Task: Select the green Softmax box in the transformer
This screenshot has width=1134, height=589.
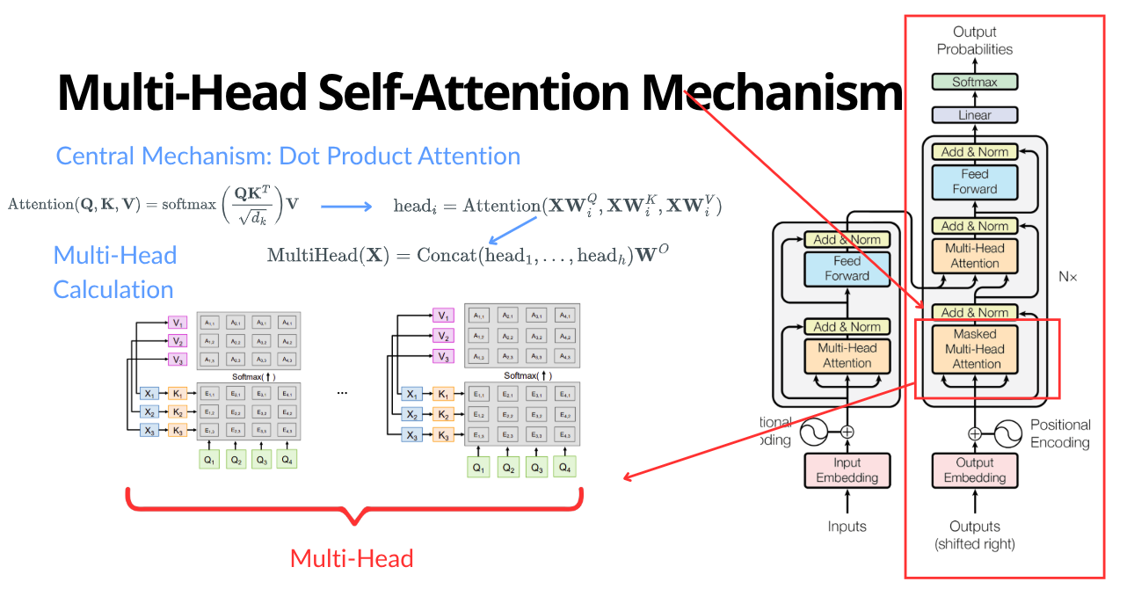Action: coord(974,82)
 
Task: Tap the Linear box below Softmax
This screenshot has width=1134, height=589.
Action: coord(974,115)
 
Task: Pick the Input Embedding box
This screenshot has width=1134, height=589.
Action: coord(847,470)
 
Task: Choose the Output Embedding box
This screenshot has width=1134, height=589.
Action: coord(974,470)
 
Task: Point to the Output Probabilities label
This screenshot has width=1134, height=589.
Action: coord(974,41)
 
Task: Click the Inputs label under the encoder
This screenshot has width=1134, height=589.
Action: coord(847,527)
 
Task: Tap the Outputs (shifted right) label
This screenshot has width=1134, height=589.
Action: coord(974,534)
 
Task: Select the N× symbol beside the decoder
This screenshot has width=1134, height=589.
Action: coord(1067,276)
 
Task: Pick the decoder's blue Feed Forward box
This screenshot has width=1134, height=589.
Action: coord(974,182)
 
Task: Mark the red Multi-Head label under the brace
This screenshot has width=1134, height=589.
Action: coord(352,558)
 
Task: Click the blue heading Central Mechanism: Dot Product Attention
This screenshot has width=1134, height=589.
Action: coord(288,156)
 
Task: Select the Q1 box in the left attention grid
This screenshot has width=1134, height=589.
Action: coord(209,459)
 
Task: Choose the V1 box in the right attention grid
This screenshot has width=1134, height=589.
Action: coord(444,316)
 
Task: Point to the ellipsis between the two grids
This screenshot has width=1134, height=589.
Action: coord(342,393)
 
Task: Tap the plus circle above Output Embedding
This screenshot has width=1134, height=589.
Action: coord(974,433)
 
